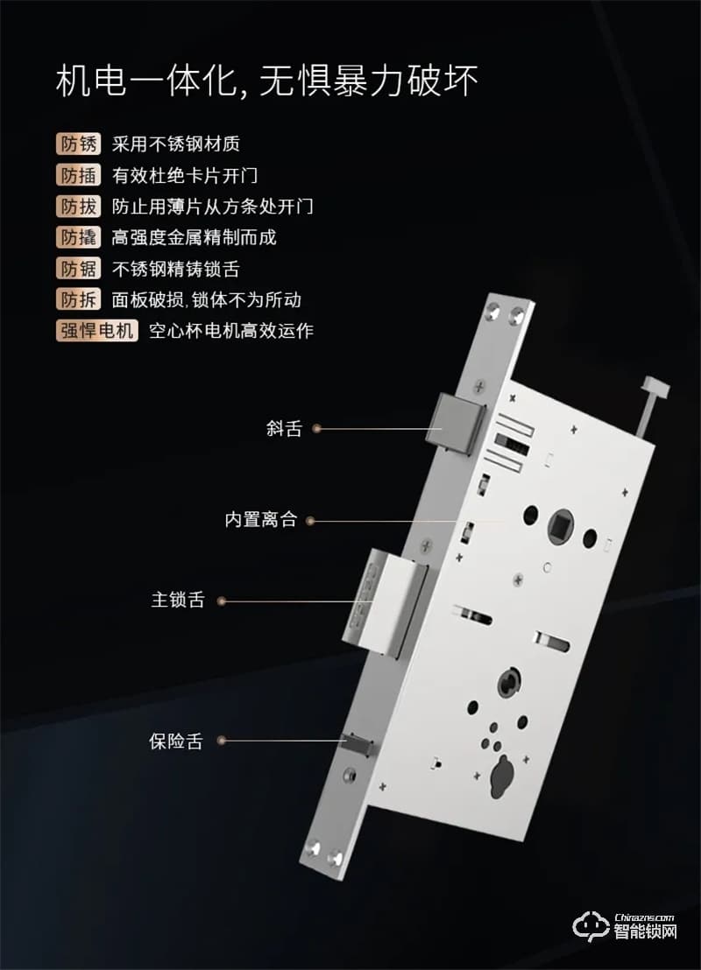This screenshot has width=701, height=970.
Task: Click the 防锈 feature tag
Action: point(78,144)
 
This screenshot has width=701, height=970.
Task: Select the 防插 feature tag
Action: point(78,175)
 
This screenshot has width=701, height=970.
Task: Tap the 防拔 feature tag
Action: point(78,207)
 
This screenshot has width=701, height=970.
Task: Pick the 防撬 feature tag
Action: point(78,237)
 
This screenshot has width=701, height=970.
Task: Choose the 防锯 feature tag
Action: point(78,269)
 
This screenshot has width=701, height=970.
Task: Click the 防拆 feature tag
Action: point(78,299)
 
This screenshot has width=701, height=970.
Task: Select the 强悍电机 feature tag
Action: point(96,331)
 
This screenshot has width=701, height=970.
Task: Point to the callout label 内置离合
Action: point(261,520)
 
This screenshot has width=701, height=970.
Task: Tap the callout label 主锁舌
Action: point(178,601)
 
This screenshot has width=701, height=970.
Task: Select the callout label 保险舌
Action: point(175,742)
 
